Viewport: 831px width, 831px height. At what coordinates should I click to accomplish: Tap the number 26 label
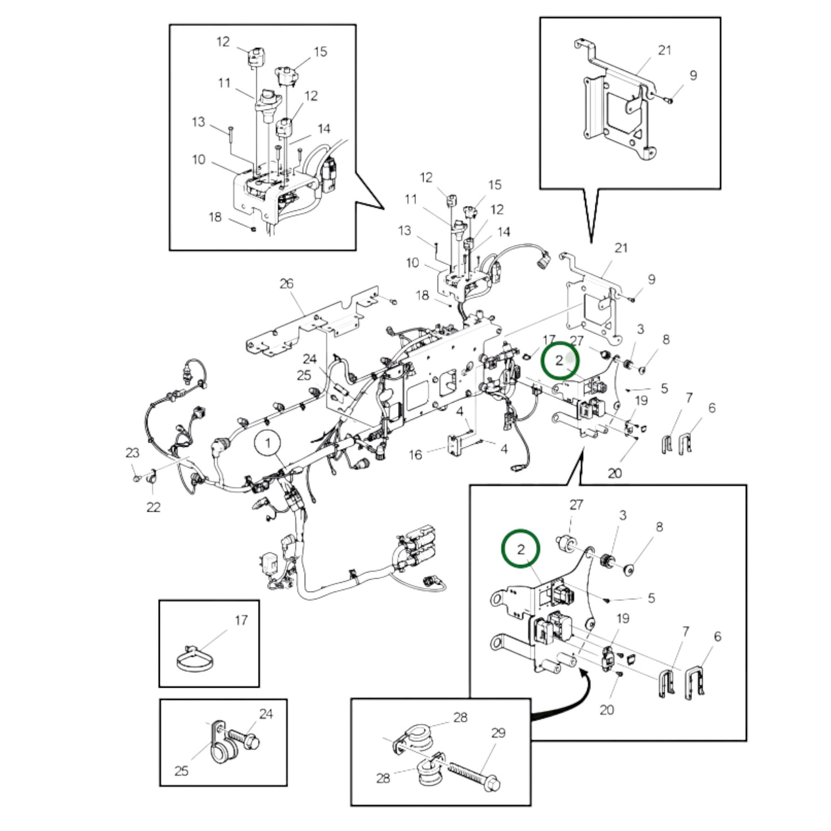click(x=286, y=284)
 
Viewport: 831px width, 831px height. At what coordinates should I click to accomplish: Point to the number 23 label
click(x=132, y=453)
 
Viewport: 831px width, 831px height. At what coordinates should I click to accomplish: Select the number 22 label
click(x=153, y=507)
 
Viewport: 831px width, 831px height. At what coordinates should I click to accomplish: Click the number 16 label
click(x=415, y=455)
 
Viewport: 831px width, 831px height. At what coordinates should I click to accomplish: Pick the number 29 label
click(x=498, y=733)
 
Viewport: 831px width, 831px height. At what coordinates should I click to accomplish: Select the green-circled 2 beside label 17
click(x=560, y=361)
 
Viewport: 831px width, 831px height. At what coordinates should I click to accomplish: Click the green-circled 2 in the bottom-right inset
click(x=521, y=549)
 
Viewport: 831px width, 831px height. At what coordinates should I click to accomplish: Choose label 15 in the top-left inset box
click(x=320, y=52)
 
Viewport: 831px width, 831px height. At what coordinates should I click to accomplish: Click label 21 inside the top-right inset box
click(x=664, y=51)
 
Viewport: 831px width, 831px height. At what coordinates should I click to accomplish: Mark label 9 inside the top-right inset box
click(x=693, y=75)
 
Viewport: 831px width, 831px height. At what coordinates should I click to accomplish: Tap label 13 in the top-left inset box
click(x=198, y=122)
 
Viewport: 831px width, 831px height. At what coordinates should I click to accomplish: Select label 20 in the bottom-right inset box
click(x=607, y=710)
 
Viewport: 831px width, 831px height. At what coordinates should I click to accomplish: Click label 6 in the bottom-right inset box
click(x=717, y=637)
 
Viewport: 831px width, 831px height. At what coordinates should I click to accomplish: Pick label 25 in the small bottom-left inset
click(x=181, y=771)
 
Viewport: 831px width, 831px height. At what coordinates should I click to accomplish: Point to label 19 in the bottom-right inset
click(x=623, y=619)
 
